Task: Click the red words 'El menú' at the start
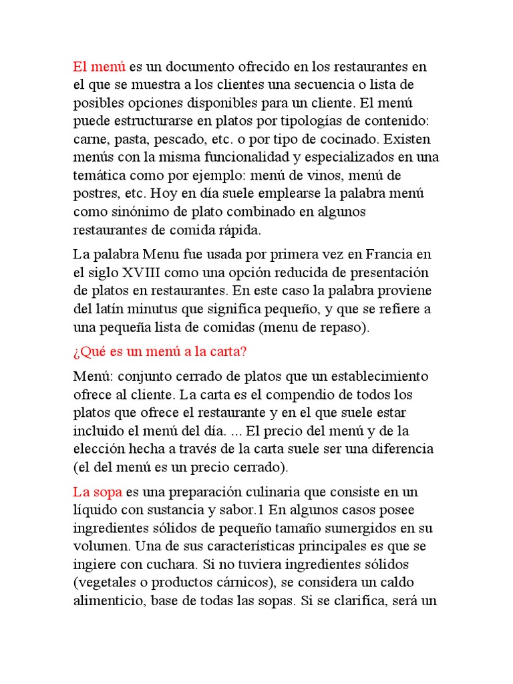pos(100,67)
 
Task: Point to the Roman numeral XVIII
pos(132,273)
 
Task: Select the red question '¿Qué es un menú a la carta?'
pos(160,351)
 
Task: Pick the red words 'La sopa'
pos(98,492)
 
